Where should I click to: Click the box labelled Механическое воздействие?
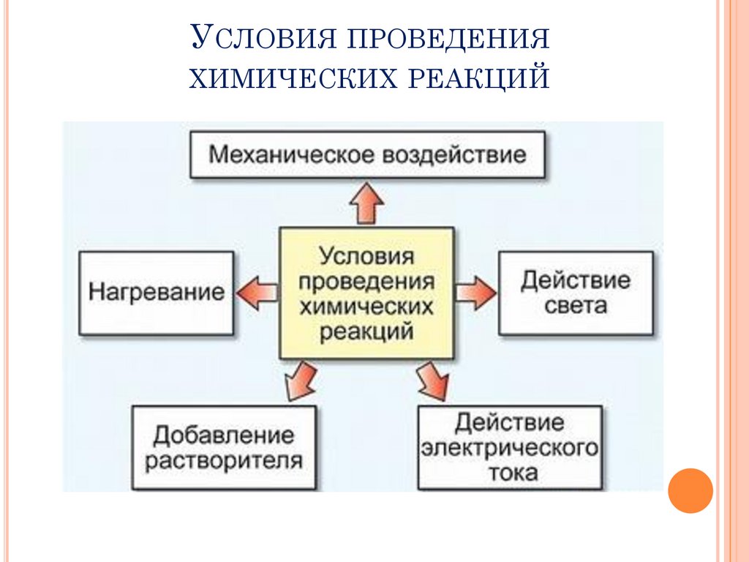pyautogui.click(x=367, y=154)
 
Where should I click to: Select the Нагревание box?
pyautogui.click(x=157, y=293)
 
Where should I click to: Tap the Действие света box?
pyautogui.click(x=576, y=293)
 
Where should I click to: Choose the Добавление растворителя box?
pyautogui.click(x=224, y=448)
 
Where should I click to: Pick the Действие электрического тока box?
pyautogui.click(x=510, y=448)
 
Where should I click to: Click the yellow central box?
pyautogui.click(x=366, y=293)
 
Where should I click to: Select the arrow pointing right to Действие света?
pyautogui.click(x=475, y=293)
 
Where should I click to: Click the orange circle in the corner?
pyautogui.click(x=690, y=490)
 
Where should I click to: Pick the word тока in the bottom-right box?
pyautogui.click(x=510, y=472)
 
